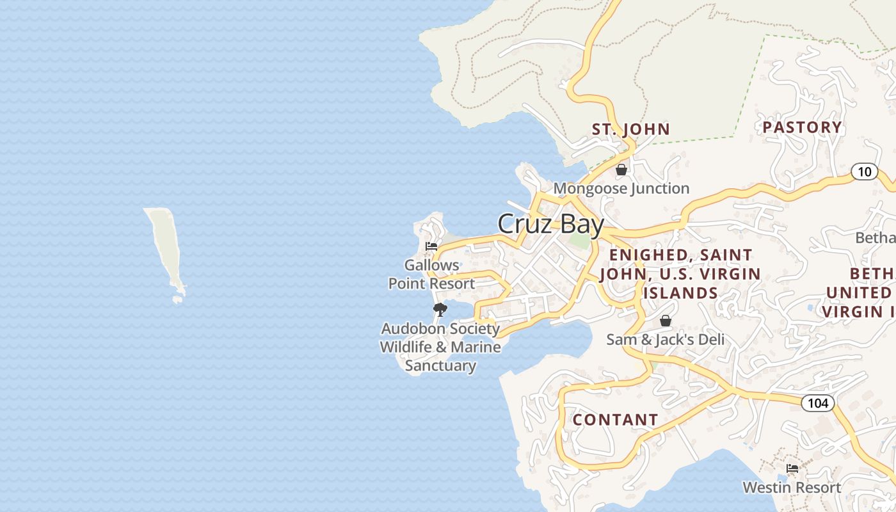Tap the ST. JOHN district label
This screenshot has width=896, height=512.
[630, 129]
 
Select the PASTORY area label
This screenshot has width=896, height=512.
[802, 127]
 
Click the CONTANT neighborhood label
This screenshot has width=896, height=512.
[615, 420]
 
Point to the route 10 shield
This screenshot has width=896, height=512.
[864, 172]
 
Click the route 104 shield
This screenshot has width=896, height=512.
[817, 403]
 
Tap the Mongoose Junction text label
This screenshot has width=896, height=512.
[621, 188]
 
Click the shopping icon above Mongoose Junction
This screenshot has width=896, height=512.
[621, 170]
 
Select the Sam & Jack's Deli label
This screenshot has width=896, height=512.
[665, 339]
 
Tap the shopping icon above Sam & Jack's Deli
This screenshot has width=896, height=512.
[666, 321]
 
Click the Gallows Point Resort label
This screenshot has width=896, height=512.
[432, 274]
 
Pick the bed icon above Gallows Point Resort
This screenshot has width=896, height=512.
[431, 246]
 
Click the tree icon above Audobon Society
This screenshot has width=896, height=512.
[440, 310]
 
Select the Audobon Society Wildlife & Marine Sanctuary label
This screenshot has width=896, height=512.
[440, 347]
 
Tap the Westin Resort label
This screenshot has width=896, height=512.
[792, 488]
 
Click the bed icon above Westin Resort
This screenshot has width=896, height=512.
[792, 468]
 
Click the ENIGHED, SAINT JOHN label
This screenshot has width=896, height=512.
[680, 274]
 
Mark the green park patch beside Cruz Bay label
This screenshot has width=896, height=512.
[579, 241]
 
